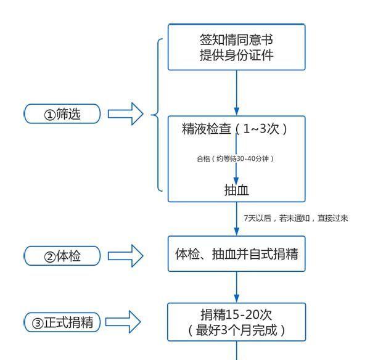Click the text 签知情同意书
tap(236, 39)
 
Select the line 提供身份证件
tap(236, 55)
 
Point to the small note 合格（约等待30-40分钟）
tap(235, 158)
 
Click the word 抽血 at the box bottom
tap(236, 190)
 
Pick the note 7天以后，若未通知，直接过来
tap(296, 218)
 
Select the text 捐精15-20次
tap(236, 313)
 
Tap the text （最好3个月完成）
tap(236, 329)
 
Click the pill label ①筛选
tap(62, 113)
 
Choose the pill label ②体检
tap(62, 255)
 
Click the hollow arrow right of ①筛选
tap(126, 113)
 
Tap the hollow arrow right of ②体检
tap(126, 255)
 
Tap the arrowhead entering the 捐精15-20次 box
tap(236, 297)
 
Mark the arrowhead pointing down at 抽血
tap(236, 179)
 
